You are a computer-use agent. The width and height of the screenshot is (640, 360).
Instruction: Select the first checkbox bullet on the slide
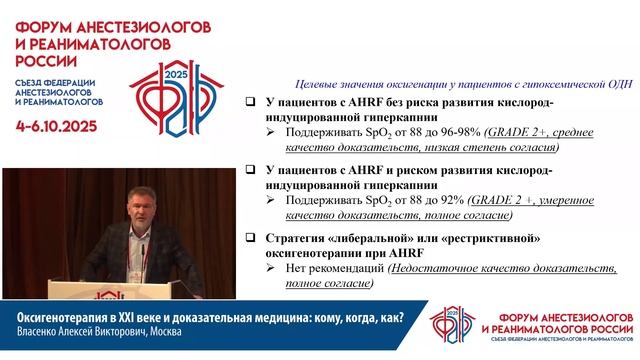click(x=251, y=104)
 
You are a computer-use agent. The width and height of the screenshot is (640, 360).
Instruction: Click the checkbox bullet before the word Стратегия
click(x=251, y=239)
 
